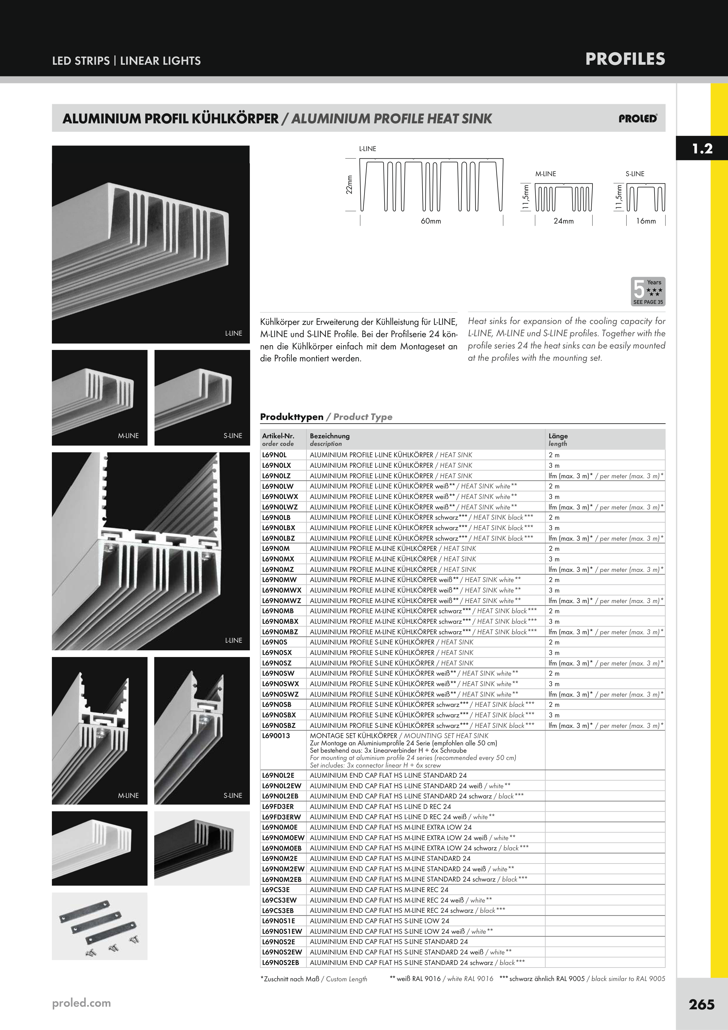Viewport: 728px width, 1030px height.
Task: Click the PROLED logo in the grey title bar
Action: coord(637,118)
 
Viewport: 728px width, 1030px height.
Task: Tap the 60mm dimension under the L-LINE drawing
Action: coord(431,221)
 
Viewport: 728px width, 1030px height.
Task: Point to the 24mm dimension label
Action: coord(563,221)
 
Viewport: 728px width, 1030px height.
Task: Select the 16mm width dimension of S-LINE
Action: coord(645,221)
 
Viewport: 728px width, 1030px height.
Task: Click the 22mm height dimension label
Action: coord(349,184)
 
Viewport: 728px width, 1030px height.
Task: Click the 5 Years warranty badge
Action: coord(648,292)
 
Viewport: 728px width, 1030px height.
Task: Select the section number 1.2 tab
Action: coord(702,148)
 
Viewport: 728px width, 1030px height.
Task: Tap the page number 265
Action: coord(701,1004)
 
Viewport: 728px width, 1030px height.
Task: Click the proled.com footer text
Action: coord(81,1003)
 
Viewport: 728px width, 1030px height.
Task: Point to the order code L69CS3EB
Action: coord(278,911)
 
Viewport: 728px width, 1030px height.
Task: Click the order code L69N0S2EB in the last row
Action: coord(280,963)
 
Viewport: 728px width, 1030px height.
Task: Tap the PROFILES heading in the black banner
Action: coord(625,59)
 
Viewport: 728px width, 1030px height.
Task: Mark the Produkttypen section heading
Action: coord(292,417)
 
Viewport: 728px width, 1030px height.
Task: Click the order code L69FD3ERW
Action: coord(281,817)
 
